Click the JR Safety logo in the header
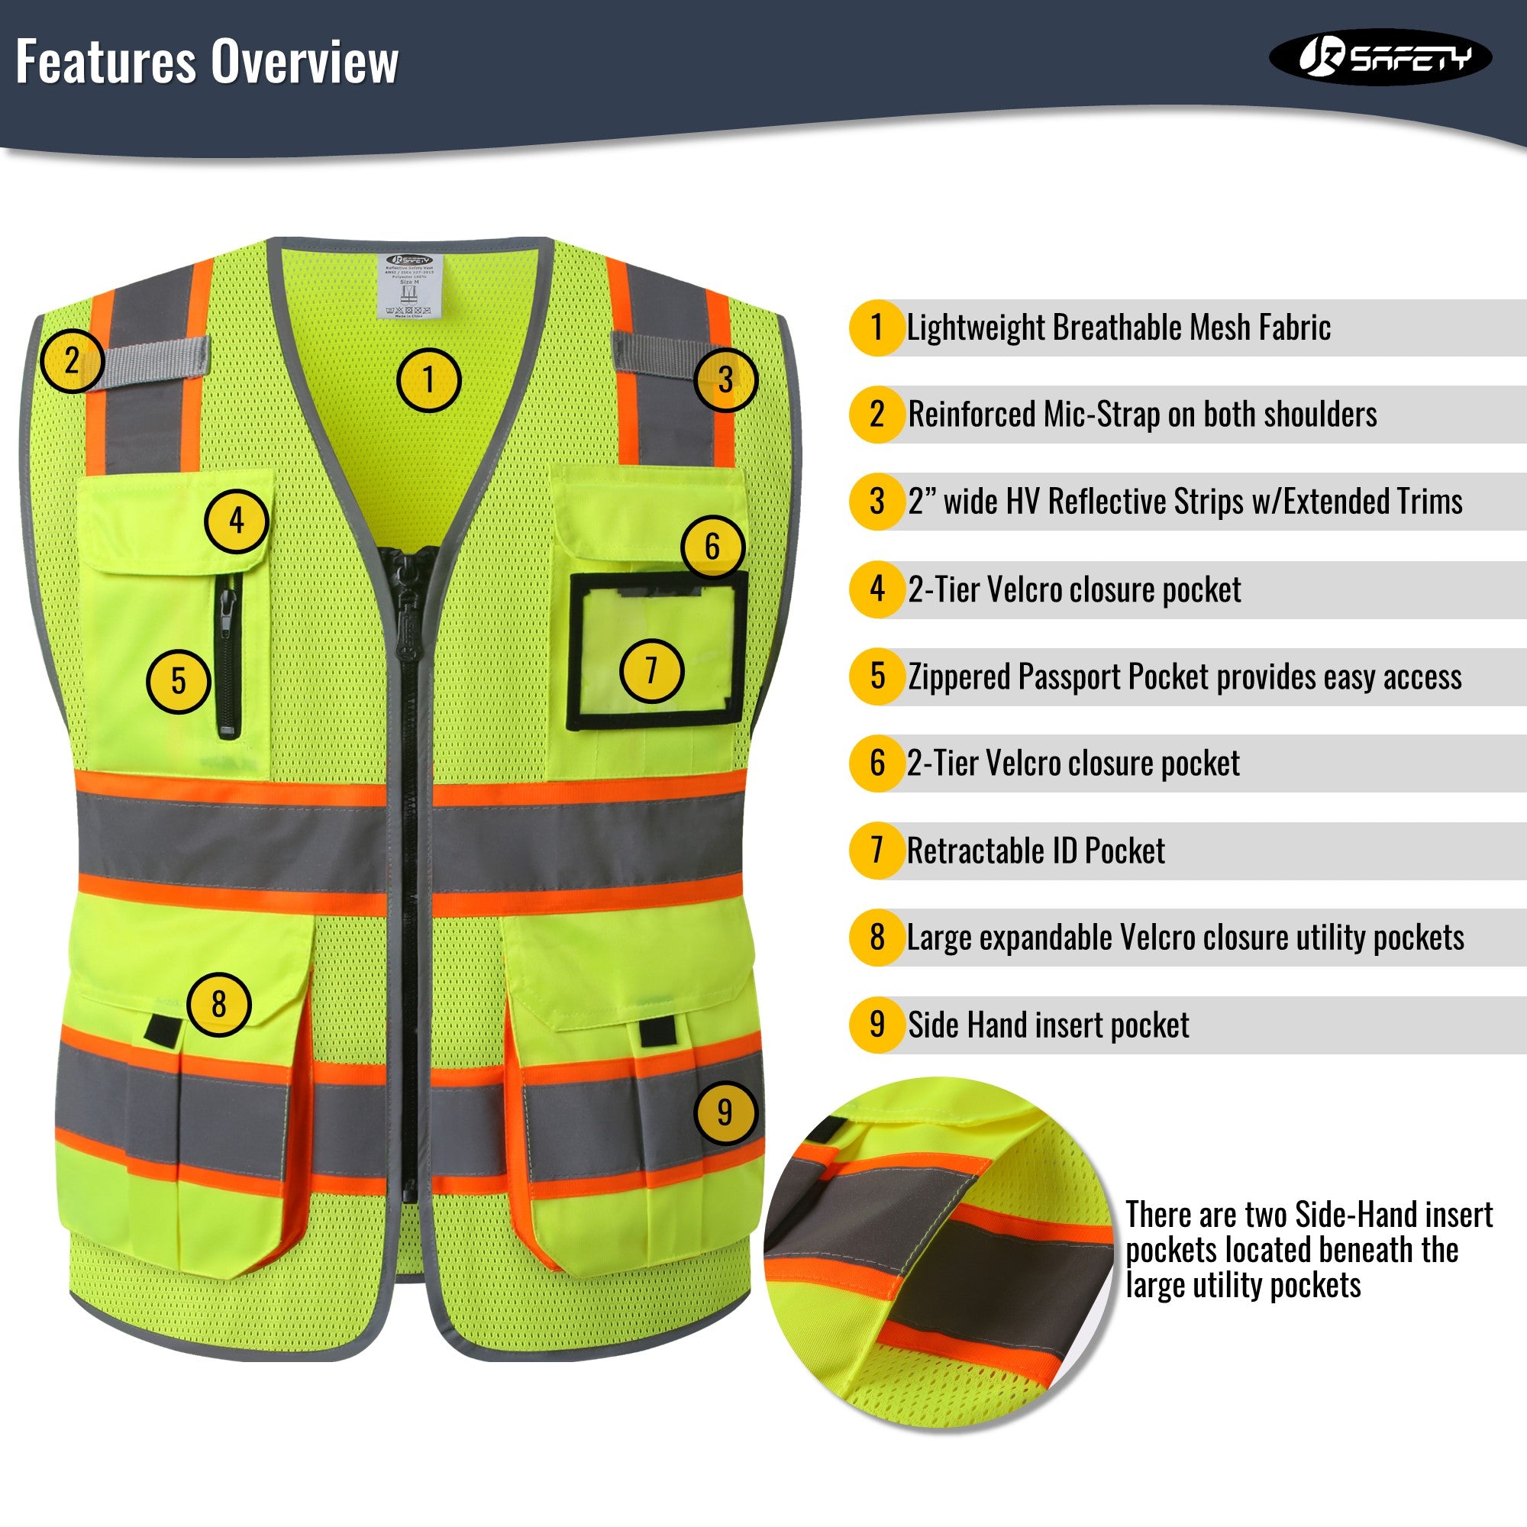[x=1380, y=57]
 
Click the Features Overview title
[x=207, y=62]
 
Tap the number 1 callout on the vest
[x=428, y=380]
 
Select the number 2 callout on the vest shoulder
[x=72, y=361]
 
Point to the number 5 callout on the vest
[x=179, y=681]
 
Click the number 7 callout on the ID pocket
[x=651, y=671]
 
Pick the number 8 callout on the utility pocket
[x=219, y=1005]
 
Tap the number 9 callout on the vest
[x=725, y=1112]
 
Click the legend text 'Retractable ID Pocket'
[x=1035, y=851]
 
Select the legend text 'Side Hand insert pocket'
[x=1048, y=1025]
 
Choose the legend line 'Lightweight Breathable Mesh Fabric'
[x=1119, y=328]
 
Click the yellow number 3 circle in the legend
[x=876, y=501]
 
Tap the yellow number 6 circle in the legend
[x=876, y=763]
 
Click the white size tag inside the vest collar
[x=408, y=286]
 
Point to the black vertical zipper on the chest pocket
[x=228, y=655]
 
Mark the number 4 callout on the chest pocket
[x=237, y=521]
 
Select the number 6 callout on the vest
[x=713, y=546]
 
